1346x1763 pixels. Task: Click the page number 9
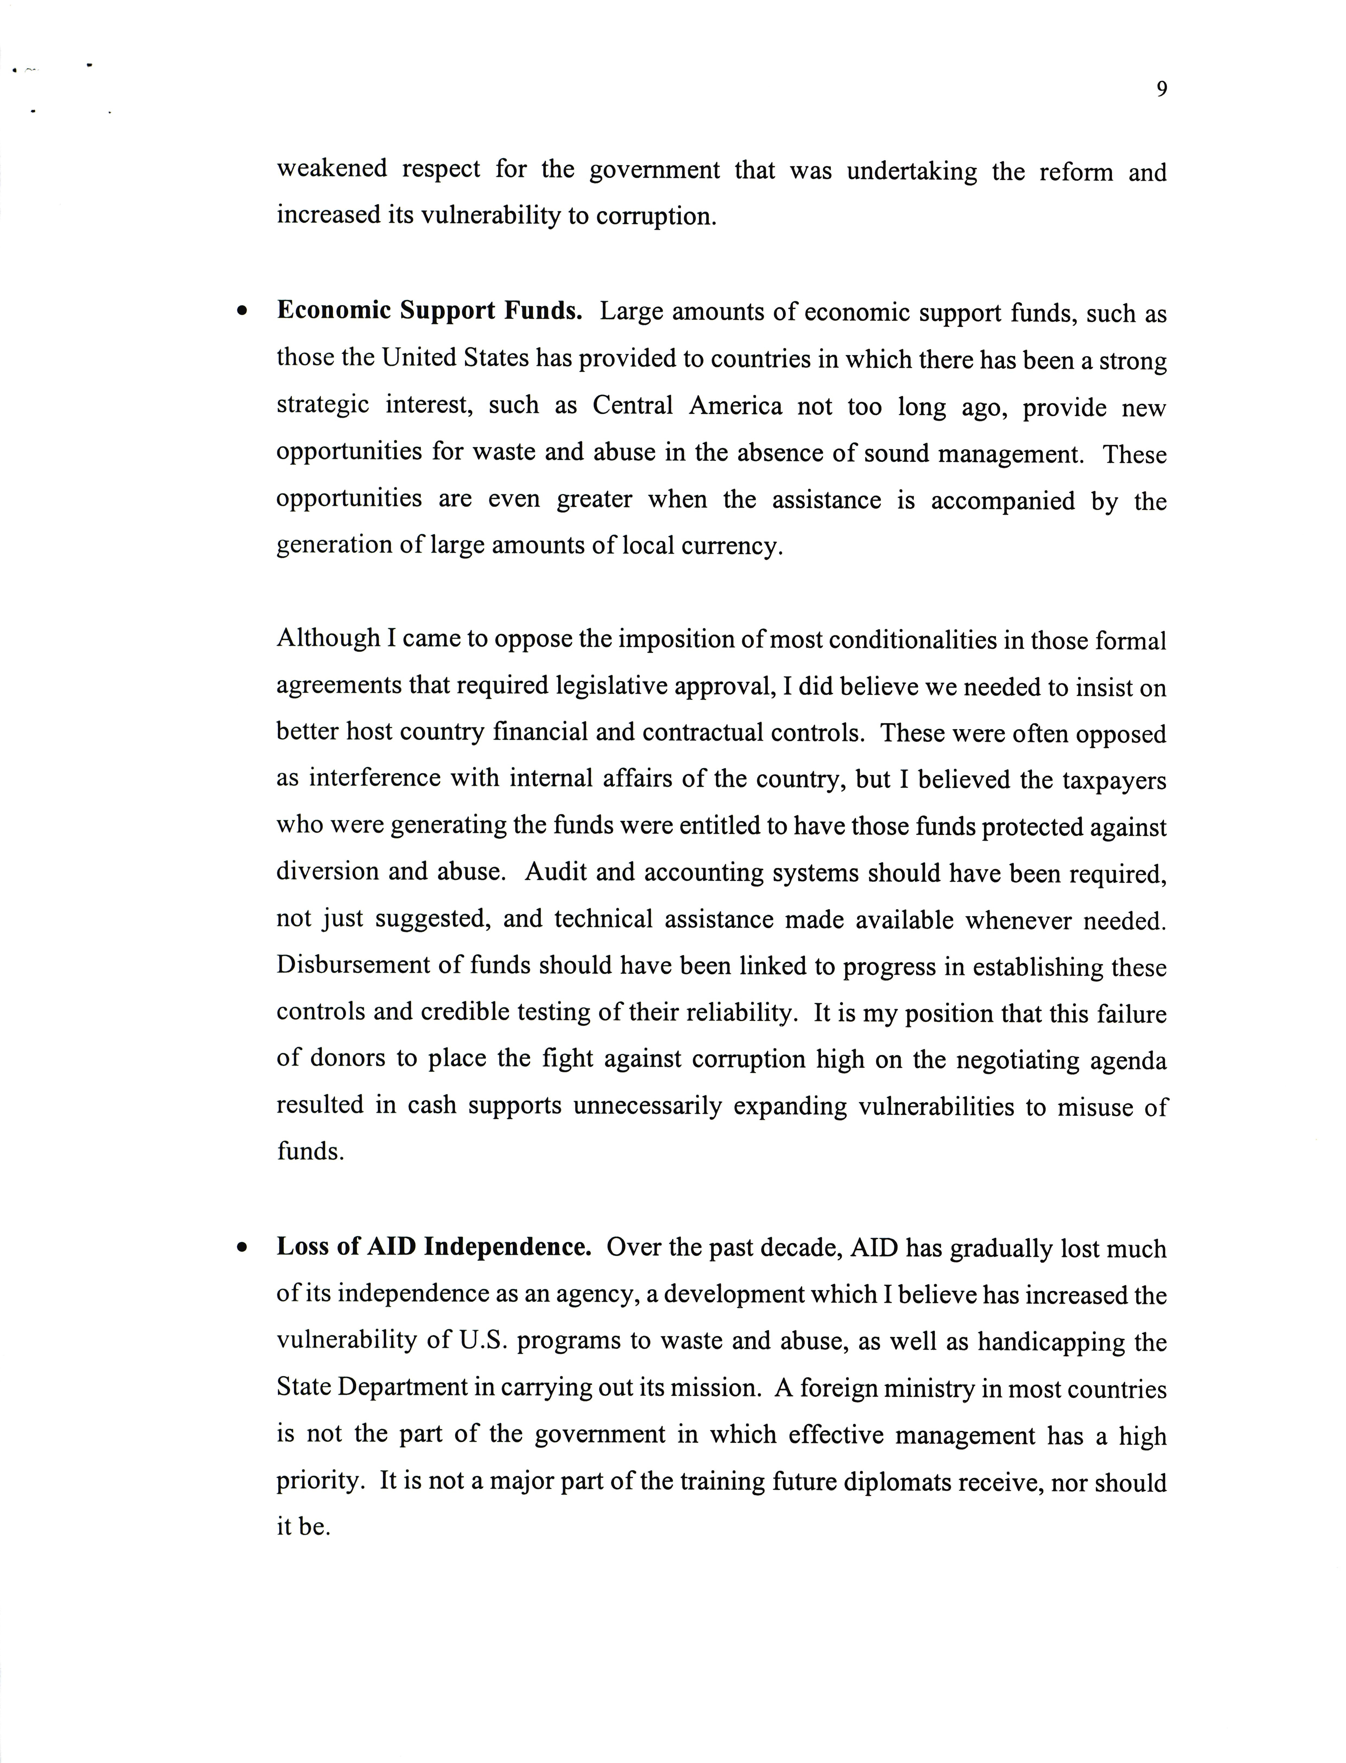(1161, 90)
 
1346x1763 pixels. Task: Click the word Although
(328, 638)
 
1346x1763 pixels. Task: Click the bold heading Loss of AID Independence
(433, 1247)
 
